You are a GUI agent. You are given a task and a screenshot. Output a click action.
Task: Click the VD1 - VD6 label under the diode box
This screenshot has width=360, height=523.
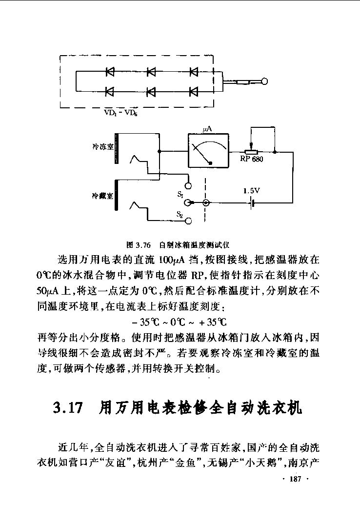click(120, 113)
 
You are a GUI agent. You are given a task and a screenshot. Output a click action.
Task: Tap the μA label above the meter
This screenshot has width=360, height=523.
click(207, 129)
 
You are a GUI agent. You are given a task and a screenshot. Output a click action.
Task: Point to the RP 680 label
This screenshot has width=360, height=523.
click(252, 159)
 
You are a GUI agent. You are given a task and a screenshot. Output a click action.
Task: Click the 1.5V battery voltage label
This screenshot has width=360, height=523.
click(251, 191)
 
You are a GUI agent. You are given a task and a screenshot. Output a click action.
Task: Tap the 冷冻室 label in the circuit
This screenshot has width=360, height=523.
click(103, 146)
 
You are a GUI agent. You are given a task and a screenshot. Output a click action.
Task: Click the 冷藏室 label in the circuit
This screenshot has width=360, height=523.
click(102, 196)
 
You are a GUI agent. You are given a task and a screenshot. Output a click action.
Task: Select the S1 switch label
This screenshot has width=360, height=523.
click(180, 195)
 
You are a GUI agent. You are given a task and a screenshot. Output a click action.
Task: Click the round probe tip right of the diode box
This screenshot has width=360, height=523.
click(265, 81)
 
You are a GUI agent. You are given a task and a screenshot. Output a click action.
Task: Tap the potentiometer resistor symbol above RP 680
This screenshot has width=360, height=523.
click(252, 152)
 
